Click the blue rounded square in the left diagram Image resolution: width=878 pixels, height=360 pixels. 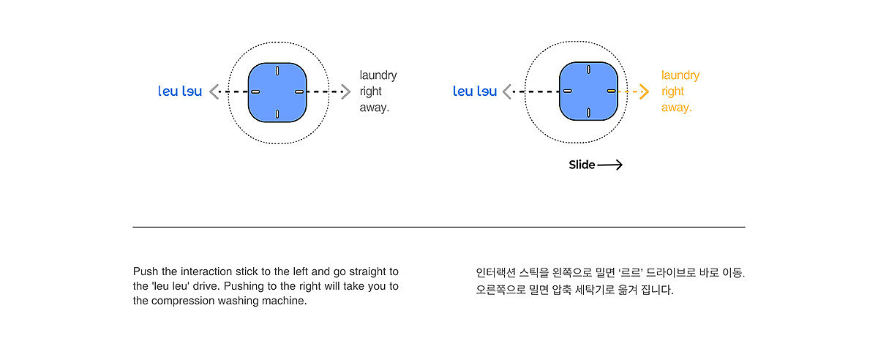click(277, 92)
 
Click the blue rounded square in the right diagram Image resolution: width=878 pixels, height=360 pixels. click(589, 91)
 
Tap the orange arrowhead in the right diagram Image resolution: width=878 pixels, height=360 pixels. click(644, 91)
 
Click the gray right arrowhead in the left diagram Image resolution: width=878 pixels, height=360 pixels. click(346, 91)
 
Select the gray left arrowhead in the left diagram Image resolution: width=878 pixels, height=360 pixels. click(214, 91)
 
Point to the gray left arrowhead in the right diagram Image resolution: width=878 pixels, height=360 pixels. click(507, 91)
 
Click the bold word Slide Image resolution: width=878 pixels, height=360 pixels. click(582, 165)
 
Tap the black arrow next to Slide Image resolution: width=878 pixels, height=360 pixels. click(609, 165)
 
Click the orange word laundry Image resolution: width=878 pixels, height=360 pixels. click(680, 75)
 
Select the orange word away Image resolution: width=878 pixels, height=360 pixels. click(676, 108)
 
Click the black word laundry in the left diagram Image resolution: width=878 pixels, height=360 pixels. click(378, 75)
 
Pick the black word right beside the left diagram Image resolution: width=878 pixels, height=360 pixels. click(370, 91)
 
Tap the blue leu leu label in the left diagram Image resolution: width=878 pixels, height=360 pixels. click(180, 91)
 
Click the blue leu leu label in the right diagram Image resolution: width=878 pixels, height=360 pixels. click(475, 91)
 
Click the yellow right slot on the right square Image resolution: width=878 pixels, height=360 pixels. click(612, 91)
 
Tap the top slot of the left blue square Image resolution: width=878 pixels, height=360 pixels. click(277, 71)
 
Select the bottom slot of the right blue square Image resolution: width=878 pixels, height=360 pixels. click(589, 113)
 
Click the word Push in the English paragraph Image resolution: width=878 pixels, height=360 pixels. click(145, 271)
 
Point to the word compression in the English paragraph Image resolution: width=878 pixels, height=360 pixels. click(180, 301)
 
